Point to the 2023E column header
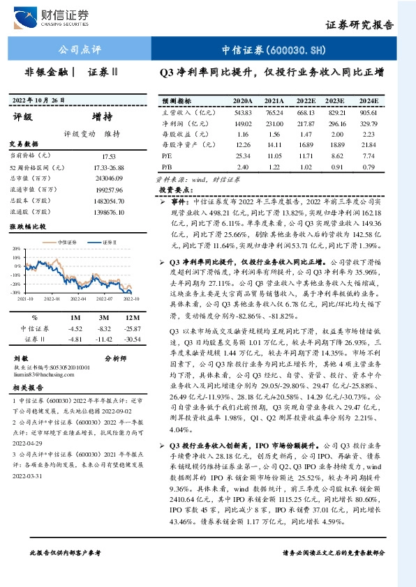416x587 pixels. [337, 100]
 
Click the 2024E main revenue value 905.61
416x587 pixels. [369, 112]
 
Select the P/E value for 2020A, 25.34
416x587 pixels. [243, 157]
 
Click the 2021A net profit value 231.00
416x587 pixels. [274, 123]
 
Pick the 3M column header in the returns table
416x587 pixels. [105, 317]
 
